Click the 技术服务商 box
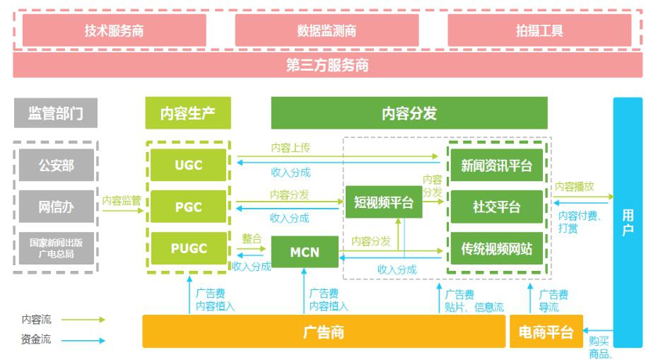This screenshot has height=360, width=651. coord(115,30)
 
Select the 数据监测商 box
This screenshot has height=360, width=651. coord(327,30)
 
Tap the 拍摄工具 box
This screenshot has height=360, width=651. coord(539,30)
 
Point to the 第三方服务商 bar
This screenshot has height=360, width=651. coord(327,66)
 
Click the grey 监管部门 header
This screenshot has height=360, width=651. coord(54,113)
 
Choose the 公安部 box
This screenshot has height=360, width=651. coord(56,166)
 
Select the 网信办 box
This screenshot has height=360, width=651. coord(56,207)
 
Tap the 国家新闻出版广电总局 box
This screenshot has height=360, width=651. coord(56,247)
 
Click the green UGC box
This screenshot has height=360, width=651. coord(188,165)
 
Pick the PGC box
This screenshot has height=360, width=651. coord(188,207)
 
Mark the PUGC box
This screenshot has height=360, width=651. coord(188,248)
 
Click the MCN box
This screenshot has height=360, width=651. coord(305,252)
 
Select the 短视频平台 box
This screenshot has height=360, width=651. coord(383,202)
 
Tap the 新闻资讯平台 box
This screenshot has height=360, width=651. coord(497,166)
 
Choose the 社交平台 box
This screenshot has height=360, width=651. coord(497,207)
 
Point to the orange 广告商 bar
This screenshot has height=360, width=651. coord(323,332)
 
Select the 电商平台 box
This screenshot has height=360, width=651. coord(546,332)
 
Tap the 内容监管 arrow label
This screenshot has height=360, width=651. coord(122,200)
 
